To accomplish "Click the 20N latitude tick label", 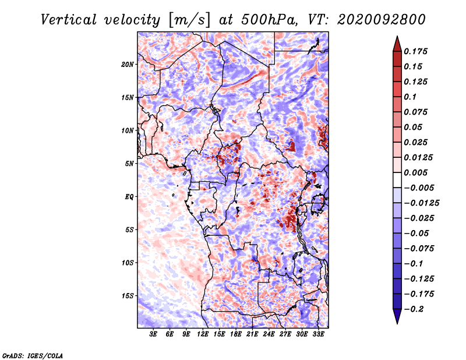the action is [128, 65].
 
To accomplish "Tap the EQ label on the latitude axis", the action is [129, 197].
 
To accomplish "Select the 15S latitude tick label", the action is [128, 296].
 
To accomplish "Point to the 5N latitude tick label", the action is [129, 164].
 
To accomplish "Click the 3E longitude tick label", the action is [153, 334].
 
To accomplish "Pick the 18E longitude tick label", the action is [236, 334].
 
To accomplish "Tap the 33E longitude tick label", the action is [318, 334].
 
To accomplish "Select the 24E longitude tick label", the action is [269, 334].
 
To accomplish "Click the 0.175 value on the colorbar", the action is [415, 51].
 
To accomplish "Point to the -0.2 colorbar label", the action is [414, 309].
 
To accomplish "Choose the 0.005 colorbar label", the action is [415, 172].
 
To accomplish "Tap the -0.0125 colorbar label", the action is [421, 203].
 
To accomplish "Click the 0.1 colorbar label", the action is [410, 97].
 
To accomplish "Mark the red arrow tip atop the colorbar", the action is [397, 36].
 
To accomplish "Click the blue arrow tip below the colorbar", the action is [397, 323].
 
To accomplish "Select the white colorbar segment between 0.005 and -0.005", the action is [397, 180].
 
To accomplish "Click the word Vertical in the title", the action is [69, 20].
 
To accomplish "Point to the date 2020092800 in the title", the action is [382, 20].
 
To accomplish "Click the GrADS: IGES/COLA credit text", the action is [33, 356].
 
